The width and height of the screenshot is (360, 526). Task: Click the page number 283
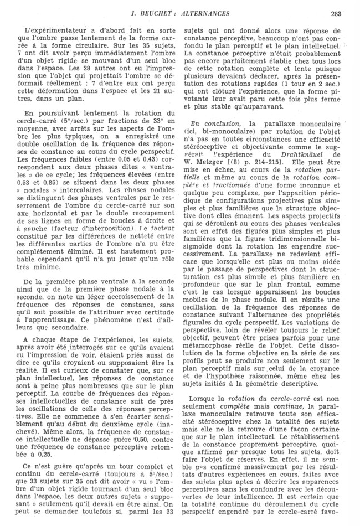(x=336, y=14)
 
